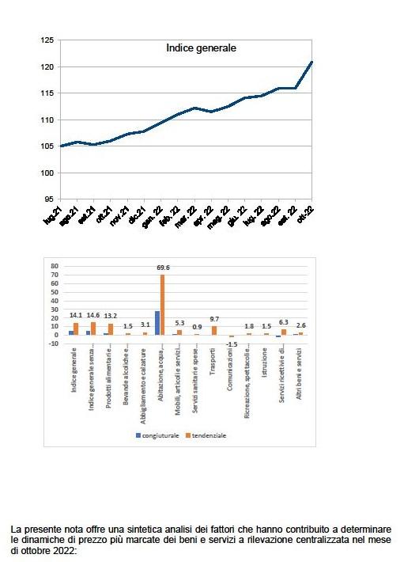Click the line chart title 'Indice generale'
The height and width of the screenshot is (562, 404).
202,48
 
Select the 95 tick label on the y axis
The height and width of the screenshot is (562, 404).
49,199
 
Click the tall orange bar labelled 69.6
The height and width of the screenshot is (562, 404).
162,305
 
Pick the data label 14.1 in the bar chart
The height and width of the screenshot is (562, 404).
76,315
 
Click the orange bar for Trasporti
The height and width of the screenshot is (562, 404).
214,330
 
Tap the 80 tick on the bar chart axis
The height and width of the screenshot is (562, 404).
55,267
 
